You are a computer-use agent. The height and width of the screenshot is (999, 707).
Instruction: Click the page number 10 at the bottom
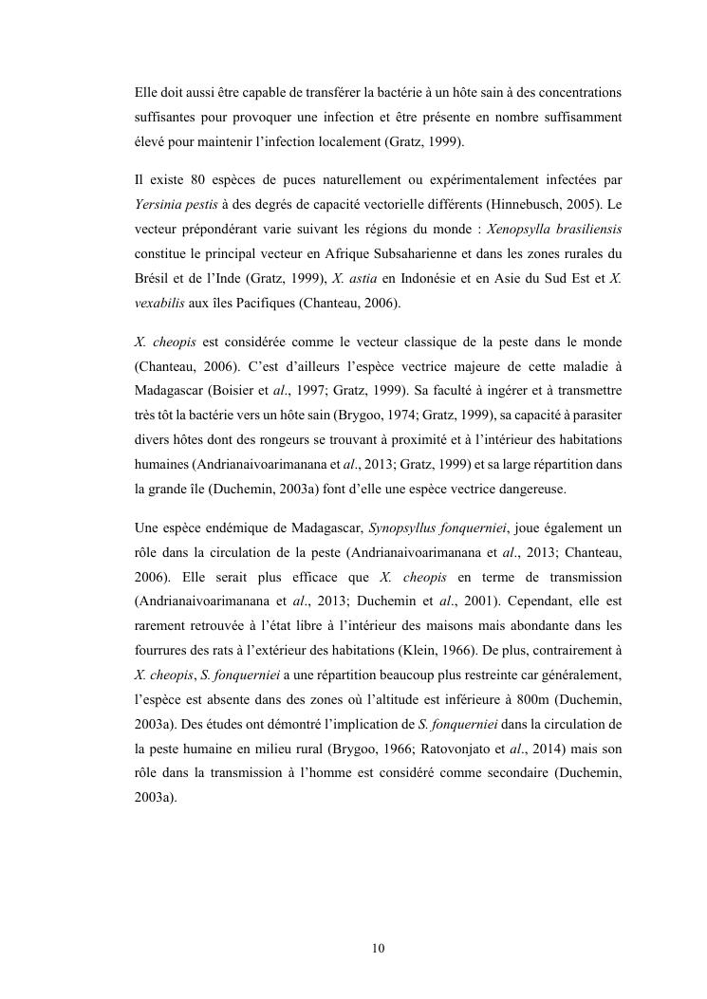point(378,948)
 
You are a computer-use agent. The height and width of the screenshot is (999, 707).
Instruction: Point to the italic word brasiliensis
point(581,229)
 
